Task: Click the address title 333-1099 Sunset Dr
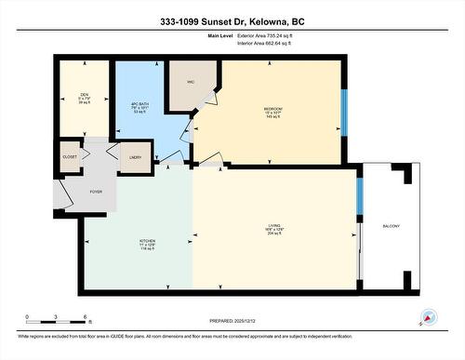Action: [232, 20]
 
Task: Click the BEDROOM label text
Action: [272, 109]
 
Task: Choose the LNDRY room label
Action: [135, 158]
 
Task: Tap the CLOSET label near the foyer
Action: [70, 157]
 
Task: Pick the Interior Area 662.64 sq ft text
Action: [272, 44]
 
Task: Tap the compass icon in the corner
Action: [429, 316]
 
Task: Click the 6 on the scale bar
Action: [86, 317]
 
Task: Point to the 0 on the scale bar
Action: [27, 317]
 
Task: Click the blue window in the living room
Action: [360, 194]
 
